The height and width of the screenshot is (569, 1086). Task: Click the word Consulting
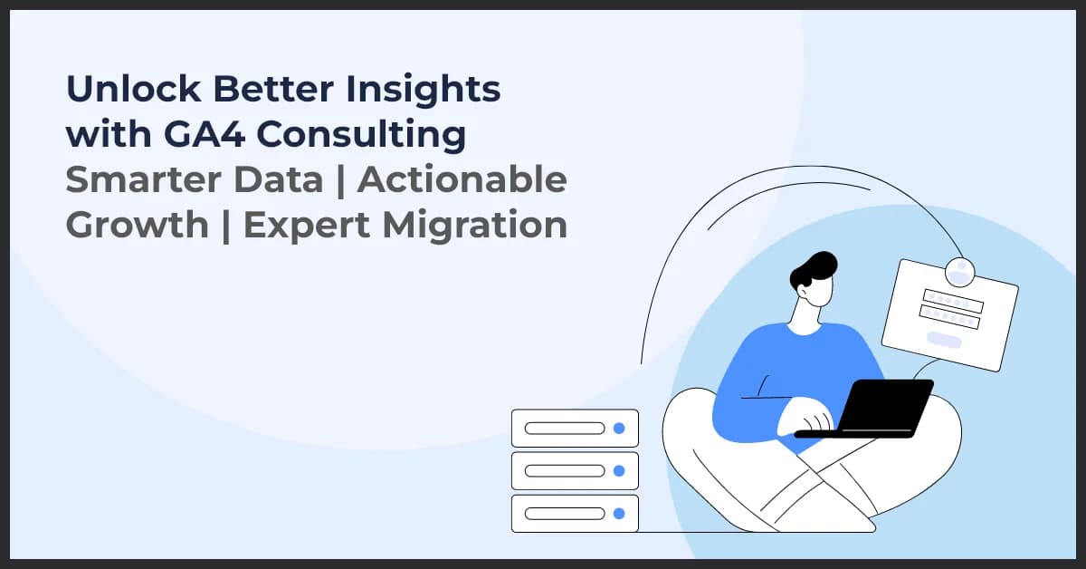click(362, 135)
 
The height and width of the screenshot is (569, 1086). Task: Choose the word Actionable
click(462, 179)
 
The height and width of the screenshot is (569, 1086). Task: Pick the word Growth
click(136, 225)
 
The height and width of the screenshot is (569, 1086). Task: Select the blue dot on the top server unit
click(619, 428)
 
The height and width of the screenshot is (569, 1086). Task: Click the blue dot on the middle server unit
click(619, 471)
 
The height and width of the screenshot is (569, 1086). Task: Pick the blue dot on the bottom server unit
click(619, 514)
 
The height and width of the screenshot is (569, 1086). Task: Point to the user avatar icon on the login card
click(958, 272)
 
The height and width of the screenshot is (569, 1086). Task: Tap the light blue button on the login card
click(944, 340)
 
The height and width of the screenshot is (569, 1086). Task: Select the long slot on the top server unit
click(565, 428)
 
